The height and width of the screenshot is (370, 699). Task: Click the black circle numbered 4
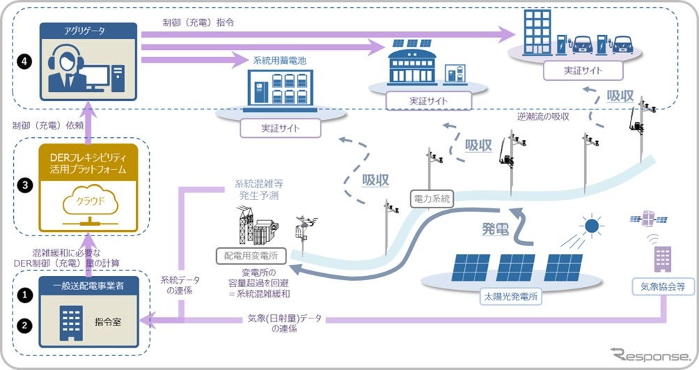[x=25, y=62]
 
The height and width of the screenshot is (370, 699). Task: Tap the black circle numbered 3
[x=25, y=186]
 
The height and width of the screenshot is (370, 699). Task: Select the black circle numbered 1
[x=25, y=295]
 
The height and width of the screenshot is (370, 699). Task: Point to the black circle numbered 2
[x=25, y=324]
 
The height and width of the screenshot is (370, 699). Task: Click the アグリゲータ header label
[x=87, y=31]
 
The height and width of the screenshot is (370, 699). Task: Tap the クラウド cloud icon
[x=86, y=202]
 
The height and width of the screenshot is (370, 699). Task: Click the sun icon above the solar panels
[x=591, y=226]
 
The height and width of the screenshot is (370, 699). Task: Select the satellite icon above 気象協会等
[x=647, y=219]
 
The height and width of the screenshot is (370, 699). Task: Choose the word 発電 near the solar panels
[x=496, y=229]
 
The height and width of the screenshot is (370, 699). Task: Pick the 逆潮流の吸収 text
[x=543, y=116]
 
